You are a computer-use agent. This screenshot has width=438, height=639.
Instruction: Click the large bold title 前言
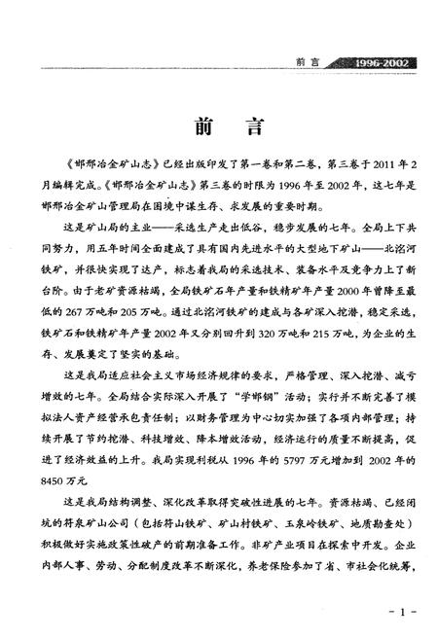point(219,129)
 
